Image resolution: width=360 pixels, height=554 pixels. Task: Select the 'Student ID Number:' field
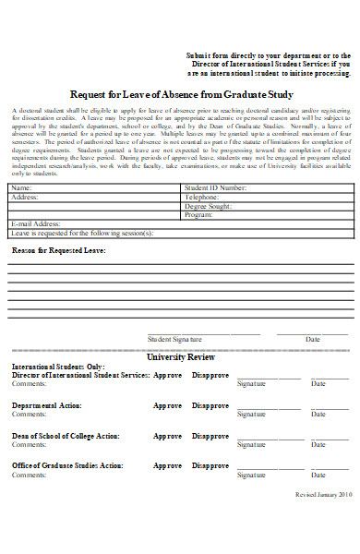click(x=215, y=187)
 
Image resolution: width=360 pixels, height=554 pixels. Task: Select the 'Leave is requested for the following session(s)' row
click(x=83, y=233)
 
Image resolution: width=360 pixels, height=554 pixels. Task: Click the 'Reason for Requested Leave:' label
click(x=58, y=250)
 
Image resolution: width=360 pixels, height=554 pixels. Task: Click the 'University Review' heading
click(x=180, y=355)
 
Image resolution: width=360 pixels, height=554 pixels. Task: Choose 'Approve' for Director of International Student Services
click(x=167, y=375)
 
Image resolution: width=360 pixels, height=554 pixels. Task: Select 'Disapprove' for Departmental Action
click(x=210, y=405)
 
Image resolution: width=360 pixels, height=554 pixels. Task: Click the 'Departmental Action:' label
click(x=47, y=405)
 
